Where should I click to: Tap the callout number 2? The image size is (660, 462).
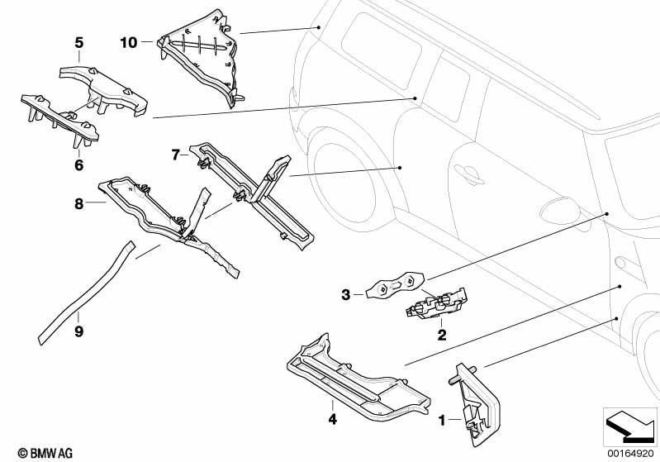pyautogui.click(x=442, y=335)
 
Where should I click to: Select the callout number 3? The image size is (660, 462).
pyautogui.click(x=346, y=293)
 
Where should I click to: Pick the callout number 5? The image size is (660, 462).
pyautogui.click(x=78, y=42)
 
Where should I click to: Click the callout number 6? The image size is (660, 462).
pyautogui.click(x=78, y=165)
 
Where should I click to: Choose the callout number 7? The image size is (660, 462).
pyautogui.click(x=176, y=155)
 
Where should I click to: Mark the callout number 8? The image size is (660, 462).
pyautogui.click(x=78, y=202)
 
